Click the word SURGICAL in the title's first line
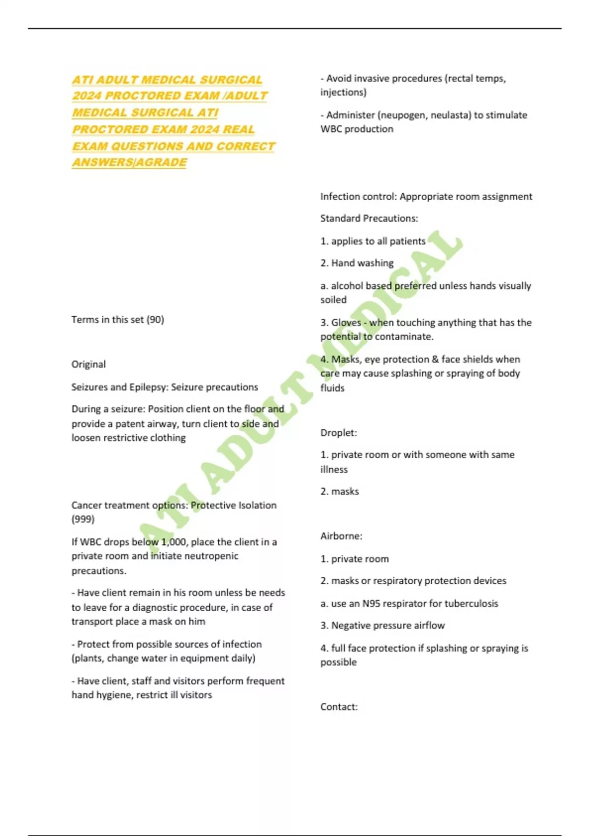(x=231, y=80)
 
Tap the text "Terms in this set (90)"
(x=118, y=320)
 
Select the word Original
(x=88, y=364)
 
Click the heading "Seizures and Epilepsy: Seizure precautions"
(x=165, y=387)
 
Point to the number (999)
(x=83, y=519)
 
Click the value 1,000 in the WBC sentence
(x=174, y=542)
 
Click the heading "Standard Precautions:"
(x=369, y=218)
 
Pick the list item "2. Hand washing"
(x=357, y=263)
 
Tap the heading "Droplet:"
(x=339, y=433)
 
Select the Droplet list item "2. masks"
(x=340, y=491)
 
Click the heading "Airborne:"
(x=341, y=536)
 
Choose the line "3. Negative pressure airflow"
(x=383, y=626)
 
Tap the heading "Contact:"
(x=339, y=707)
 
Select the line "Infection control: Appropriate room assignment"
(x=426, y=197)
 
